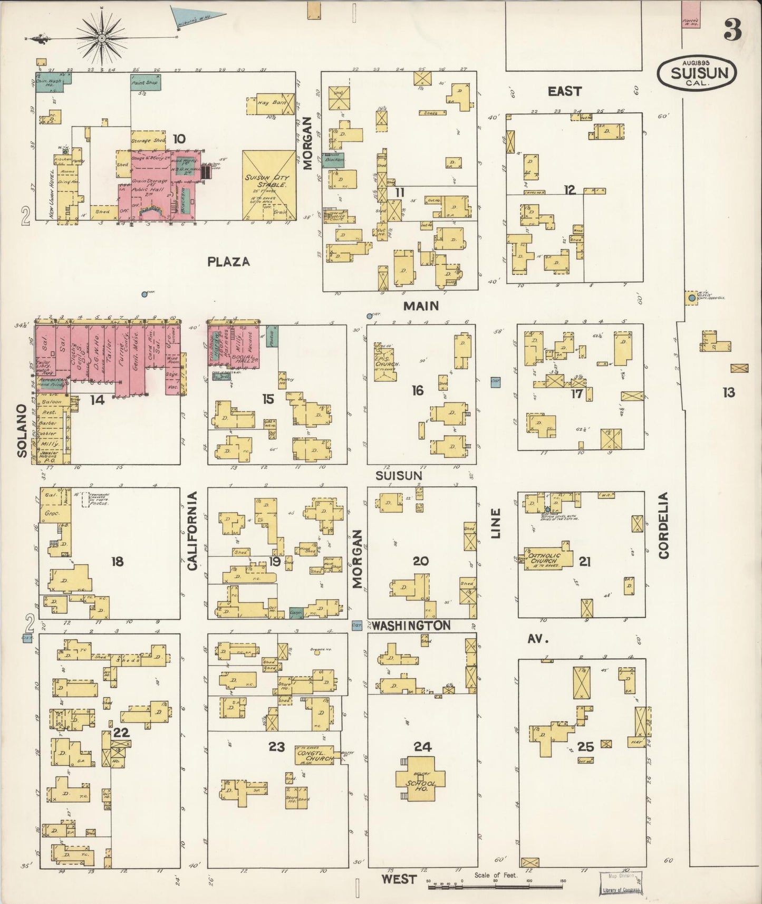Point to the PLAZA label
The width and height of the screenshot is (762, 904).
pos(228,262)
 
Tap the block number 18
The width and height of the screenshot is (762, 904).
pos(117,561)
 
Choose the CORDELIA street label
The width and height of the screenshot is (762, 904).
pos(663,525)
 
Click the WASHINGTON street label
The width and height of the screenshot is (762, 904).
pos(411,626)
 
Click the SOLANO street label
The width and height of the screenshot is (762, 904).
pos(22,431)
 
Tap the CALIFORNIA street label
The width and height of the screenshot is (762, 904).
pos(192,530)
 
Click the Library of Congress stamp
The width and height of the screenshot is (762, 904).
pos(620,883)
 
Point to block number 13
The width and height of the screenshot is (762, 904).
pos(728,392)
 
